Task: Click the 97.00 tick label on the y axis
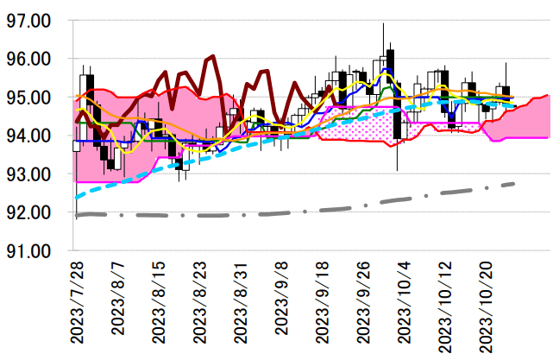tap(29, 21)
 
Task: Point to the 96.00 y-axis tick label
tap(29, 59)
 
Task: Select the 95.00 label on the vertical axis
tap(29, 98)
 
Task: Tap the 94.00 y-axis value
tap(29, 136)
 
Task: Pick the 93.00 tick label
tap(29, 174)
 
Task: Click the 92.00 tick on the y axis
tap(29, 212)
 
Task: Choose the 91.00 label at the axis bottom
tap(29, 251)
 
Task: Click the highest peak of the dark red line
tap(212, 57)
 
